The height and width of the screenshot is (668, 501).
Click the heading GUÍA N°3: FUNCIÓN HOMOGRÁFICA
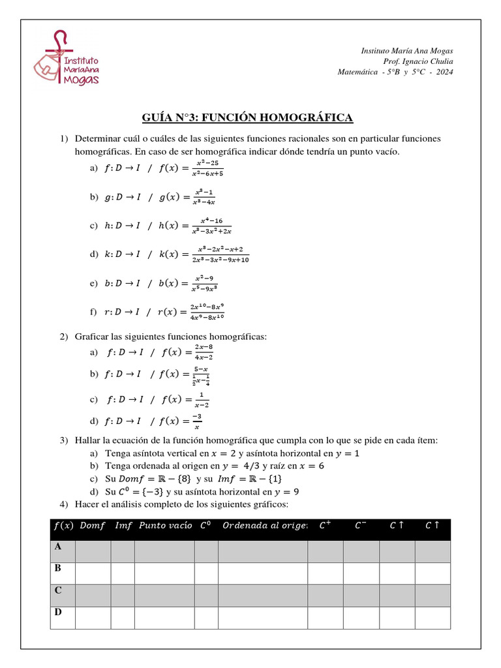pyautogui.click(x=247, y=117)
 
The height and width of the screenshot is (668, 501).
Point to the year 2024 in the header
pyautogui.click(x=443, y=72)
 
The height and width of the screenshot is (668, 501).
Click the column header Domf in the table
pyautogui.click(x=93, y=526)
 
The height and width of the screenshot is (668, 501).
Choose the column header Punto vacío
pyautogui.click(x=165, y=526)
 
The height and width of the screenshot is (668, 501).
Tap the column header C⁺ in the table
pyautogui.click(x=324, y=526)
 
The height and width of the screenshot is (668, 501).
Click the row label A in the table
pyautogui.click(x=58, y=546)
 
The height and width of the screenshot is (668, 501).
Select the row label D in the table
pyautogui.click(x=58, y=613)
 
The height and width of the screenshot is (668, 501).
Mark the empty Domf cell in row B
pyautogui.click(x=93, y=573)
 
